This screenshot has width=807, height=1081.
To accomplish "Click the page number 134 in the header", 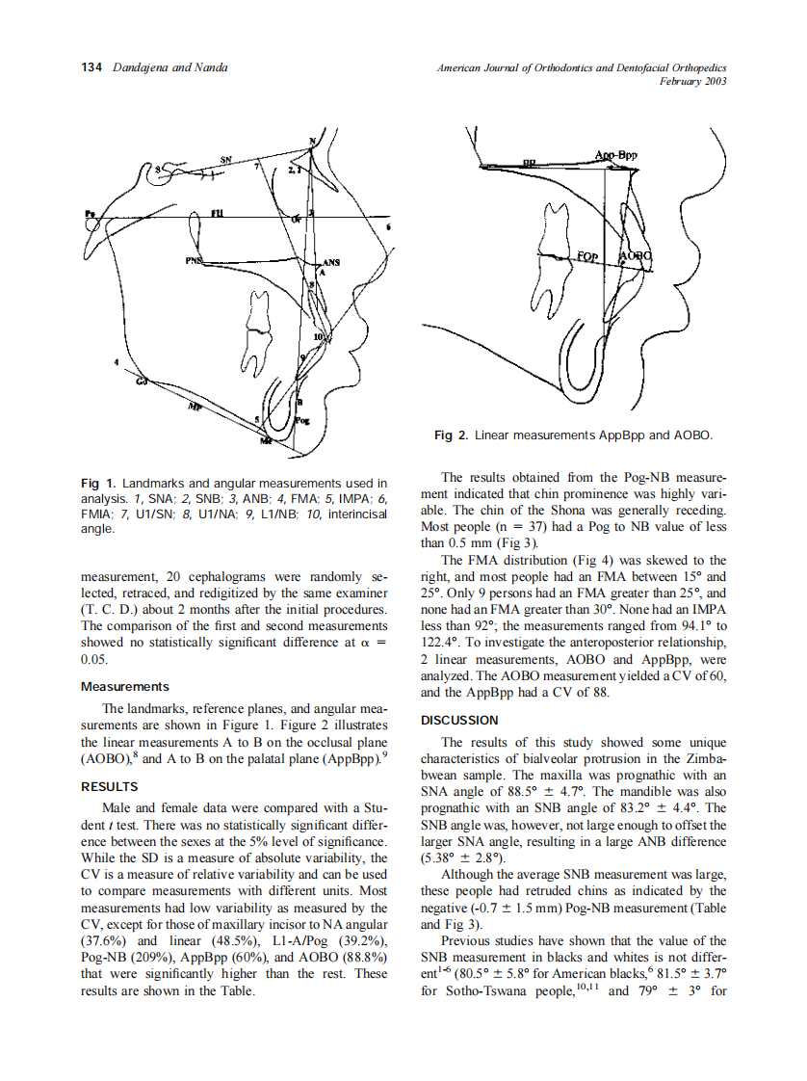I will (91, 67).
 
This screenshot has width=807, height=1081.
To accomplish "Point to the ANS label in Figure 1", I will (330, 262).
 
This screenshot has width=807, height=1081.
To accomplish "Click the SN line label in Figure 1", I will (225, 159).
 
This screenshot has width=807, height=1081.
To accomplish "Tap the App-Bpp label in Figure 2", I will (615, 155).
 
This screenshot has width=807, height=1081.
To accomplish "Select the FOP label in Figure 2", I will (587, 256).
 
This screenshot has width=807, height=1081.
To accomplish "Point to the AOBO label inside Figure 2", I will (636, 256).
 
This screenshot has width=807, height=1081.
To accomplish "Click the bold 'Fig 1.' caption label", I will (91, 483).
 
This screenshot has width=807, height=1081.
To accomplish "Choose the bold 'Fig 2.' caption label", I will (444, 436).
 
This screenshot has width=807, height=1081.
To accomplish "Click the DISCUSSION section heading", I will (459, 720).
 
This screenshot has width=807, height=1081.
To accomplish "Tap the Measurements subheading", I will (124, 687).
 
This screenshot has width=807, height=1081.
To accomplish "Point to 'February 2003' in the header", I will (692, 82).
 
